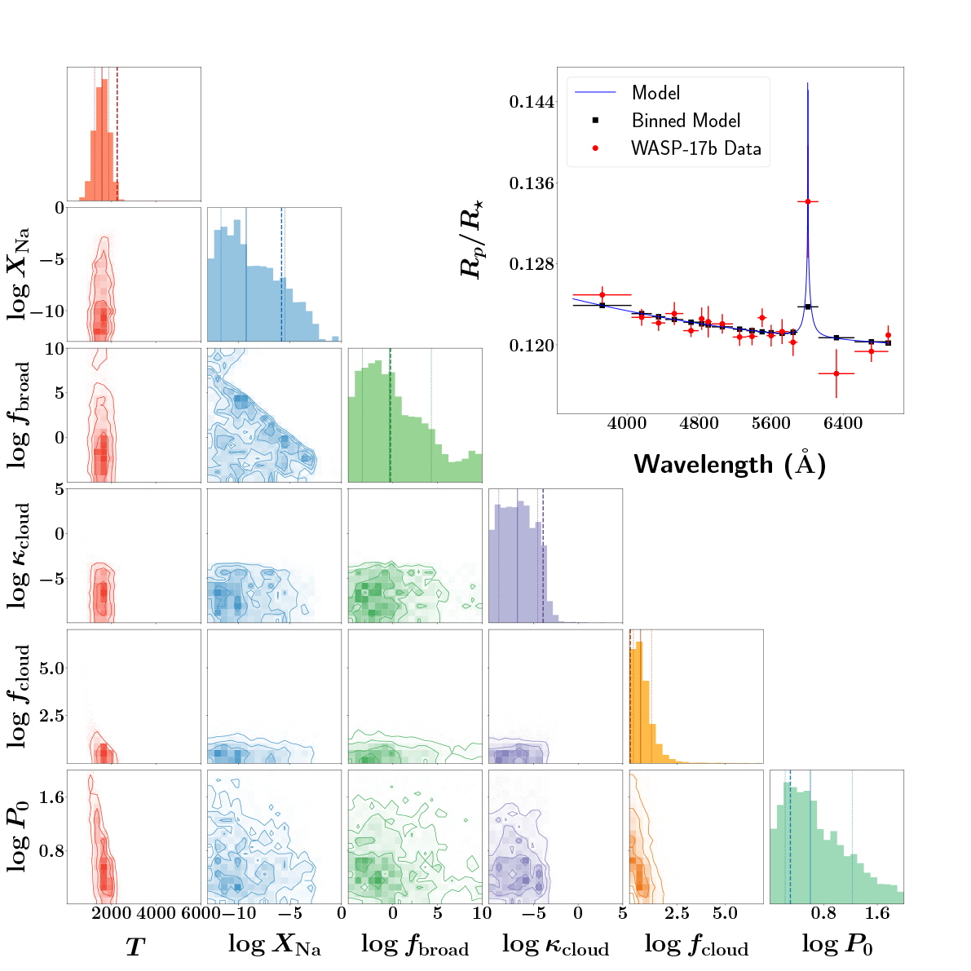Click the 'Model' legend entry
(x=655, y=93)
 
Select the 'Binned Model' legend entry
(x=686, y=121)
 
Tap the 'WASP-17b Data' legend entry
(x=695, y=148)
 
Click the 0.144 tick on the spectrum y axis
(x=532, y=103)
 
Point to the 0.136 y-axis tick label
(x=532, y=183)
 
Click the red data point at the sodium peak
(x=807, y=201)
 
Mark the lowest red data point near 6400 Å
(x=836, y=373)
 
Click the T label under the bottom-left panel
(x=135, y=946)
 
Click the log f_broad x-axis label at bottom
(x=414, y=945)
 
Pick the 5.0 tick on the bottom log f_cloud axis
(x=725, y=912)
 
